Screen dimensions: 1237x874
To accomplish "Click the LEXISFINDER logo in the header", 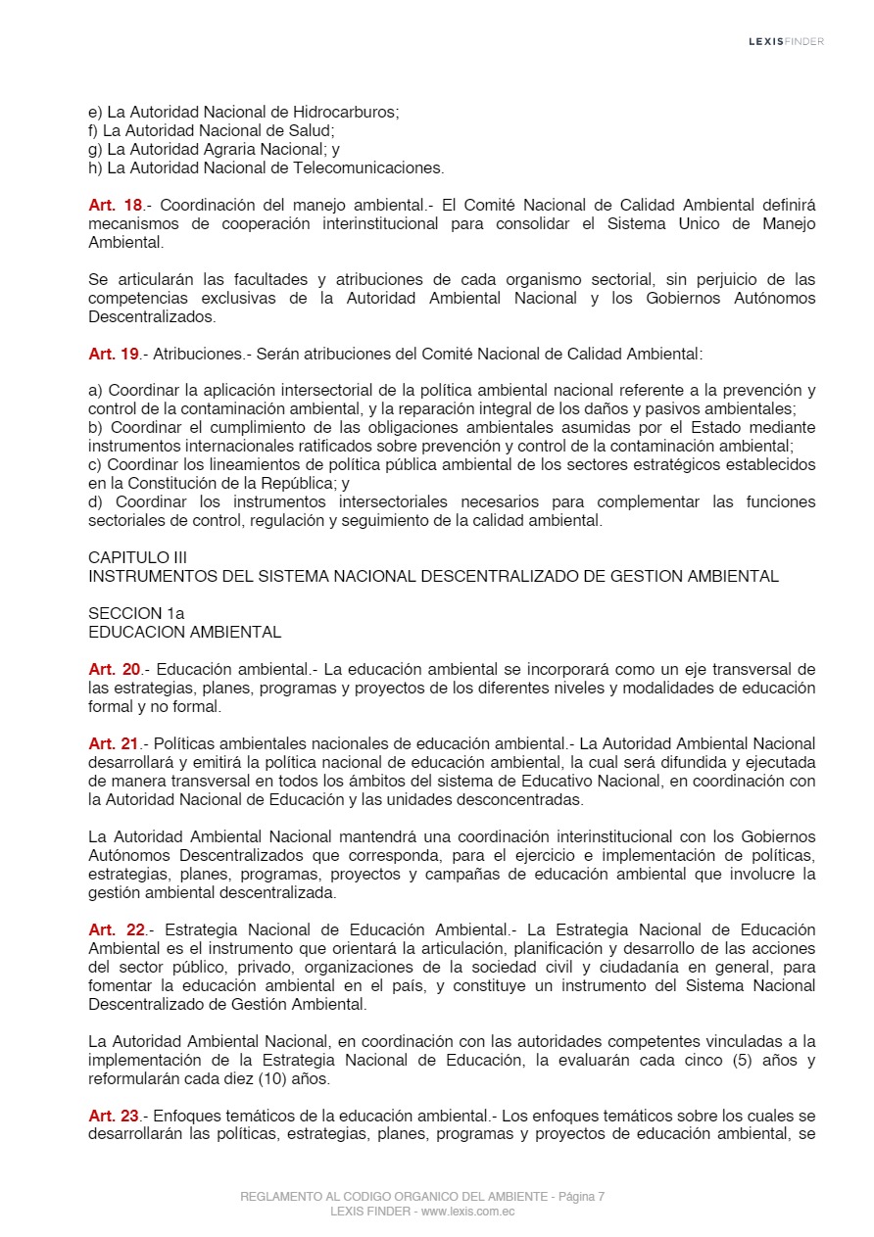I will coord(786,41).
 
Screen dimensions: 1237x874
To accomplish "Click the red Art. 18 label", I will coord(115,206).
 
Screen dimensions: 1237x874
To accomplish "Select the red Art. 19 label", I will coord(115,354).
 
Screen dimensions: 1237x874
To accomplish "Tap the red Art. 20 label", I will coord(115,670).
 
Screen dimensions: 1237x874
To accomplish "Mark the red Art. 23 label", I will coord(115,1117).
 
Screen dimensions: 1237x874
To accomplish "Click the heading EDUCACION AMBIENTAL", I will coord(184,633).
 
